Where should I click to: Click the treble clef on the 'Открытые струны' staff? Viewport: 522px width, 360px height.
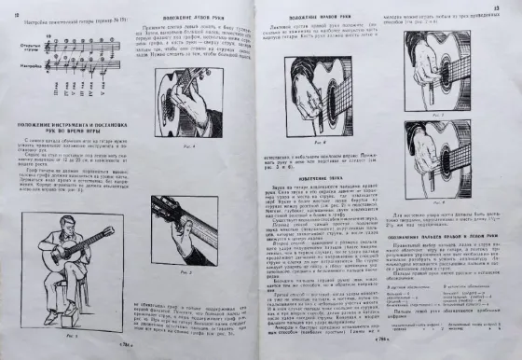click(48, 40)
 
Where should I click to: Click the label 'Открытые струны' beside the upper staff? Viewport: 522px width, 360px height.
click(29, 44)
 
